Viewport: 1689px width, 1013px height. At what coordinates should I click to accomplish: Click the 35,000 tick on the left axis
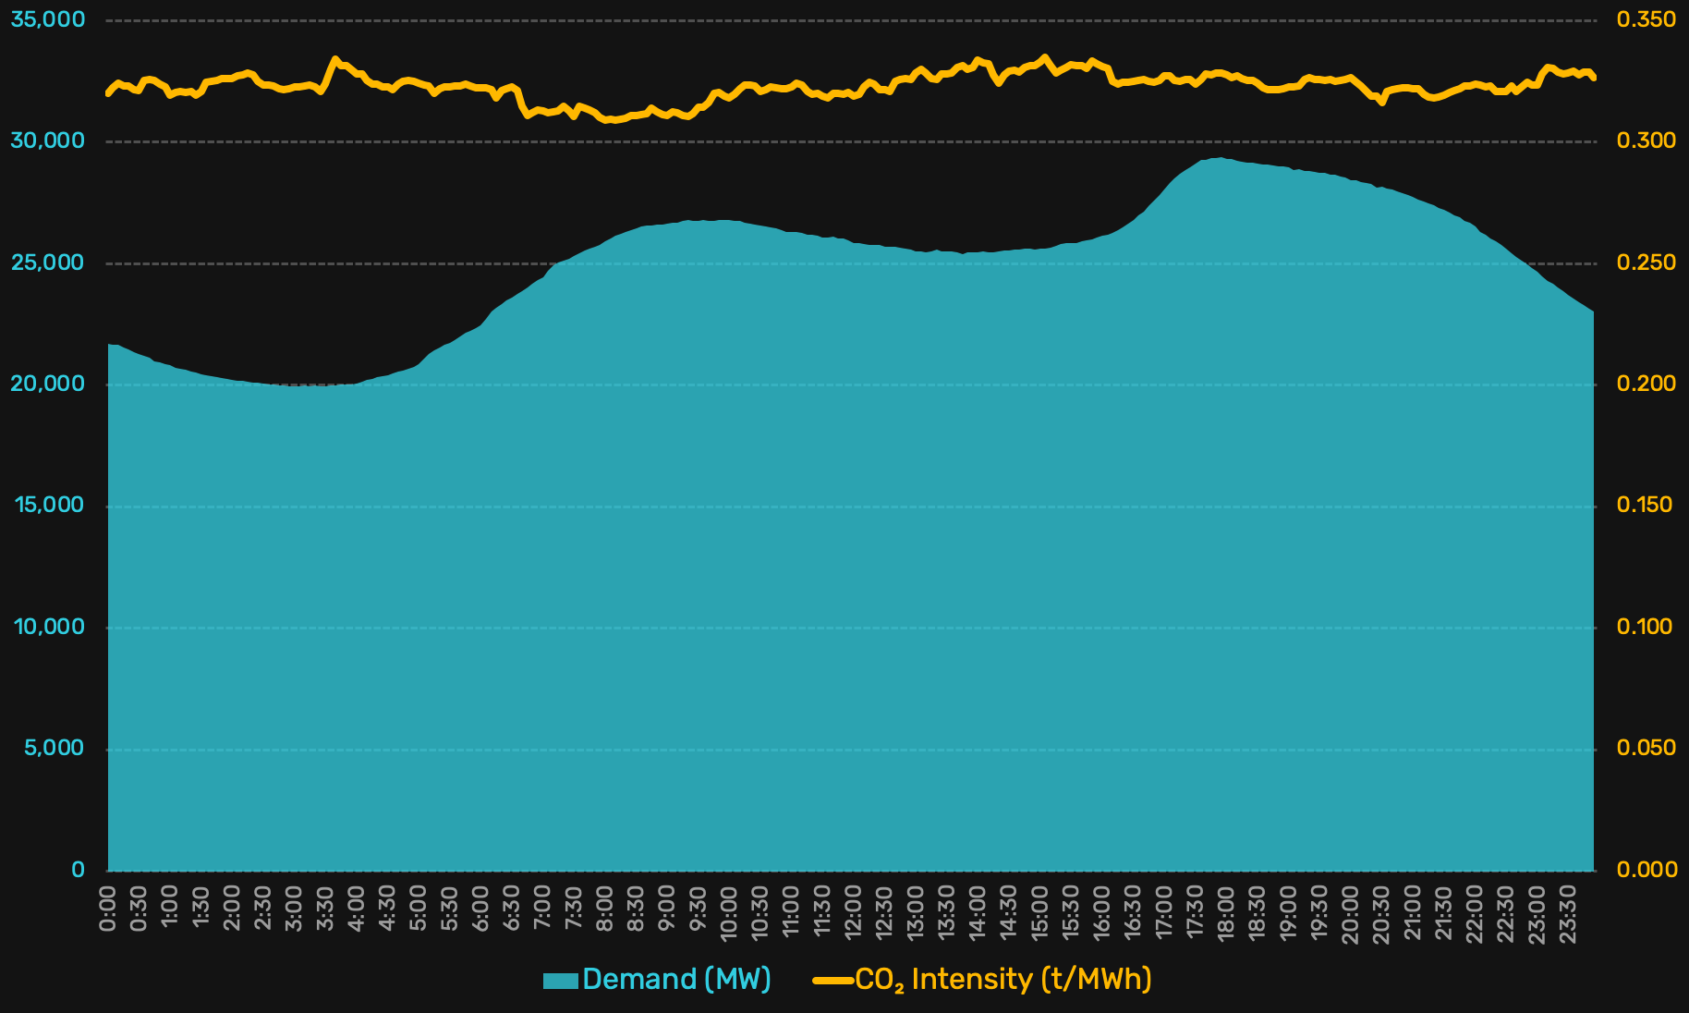47,19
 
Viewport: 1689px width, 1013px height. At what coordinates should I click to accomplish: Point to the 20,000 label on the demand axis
47,384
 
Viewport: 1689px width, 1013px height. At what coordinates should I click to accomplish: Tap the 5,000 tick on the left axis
54,748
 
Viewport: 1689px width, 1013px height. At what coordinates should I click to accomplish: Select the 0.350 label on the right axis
1646,19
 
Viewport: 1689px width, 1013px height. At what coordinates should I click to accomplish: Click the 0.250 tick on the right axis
1646,262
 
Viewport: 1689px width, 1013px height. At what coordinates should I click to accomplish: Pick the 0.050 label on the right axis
1646,748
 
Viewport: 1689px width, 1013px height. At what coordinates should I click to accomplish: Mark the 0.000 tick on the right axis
1646,870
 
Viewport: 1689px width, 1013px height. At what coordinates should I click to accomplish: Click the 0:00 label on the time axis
108,909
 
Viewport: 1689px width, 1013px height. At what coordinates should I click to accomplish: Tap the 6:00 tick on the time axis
480,909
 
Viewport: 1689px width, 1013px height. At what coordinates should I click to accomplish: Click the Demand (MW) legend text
676,980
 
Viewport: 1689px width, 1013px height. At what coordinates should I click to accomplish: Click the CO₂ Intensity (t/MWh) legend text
1003,980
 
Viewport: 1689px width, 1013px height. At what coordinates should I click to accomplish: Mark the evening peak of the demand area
1221,159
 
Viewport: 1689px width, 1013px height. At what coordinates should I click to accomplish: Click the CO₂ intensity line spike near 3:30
334,59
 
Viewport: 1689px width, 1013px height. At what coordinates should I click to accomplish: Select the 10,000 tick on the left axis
49,627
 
